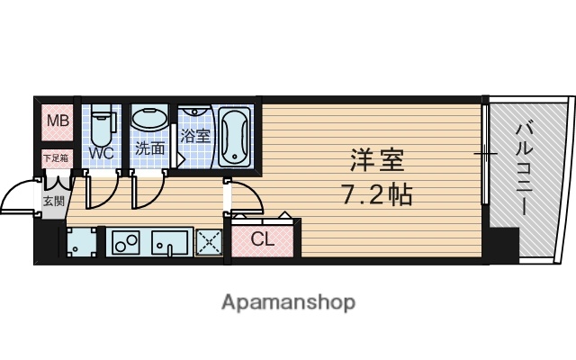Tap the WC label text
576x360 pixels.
(100, 152)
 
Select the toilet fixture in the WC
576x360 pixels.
(101, 125)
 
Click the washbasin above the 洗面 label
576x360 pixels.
(148, 119)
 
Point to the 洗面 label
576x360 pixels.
(149, 148)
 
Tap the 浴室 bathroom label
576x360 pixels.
(194, 137)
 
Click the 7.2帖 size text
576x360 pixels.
(376, 193)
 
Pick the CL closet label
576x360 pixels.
(261, 240)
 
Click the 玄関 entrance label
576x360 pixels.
(53, 201)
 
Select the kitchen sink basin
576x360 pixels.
(168, 243)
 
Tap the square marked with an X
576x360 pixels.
(209, 243)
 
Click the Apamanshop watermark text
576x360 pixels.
(288, 301)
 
